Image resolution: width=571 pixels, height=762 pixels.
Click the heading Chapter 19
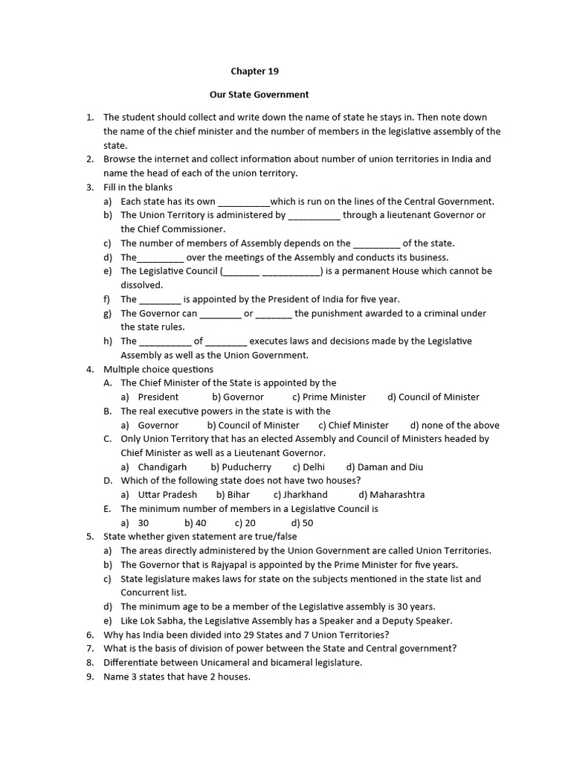coord(255,71)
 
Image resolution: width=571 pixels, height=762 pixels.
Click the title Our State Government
coord(259,95)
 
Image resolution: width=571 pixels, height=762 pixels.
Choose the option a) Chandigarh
coord(154,467)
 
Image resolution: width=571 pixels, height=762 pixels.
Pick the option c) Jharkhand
coord(300,494)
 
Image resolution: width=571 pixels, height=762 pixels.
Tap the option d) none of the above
coord(455,425)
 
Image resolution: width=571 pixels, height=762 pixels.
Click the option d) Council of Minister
coord(433,397)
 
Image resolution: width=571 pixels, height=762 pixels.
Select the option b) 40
coord(196,522)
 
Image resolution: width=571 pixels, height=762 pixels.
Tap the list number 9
coord(89,676)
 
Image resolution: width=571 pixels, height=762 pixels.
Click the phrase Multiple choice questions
coord(158,369)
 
